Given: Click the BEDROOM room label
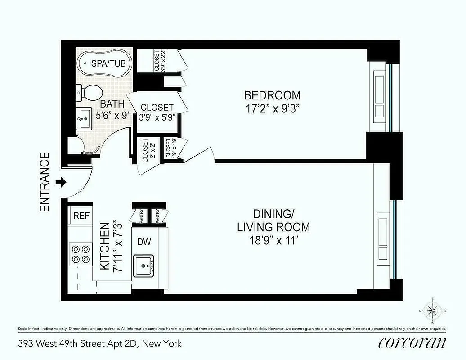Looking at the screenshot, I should tap(272, 95).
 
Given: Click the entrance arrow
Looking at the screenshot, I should tap(62, 182).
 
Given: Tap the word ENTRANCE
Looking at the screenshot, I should tap(45, 182).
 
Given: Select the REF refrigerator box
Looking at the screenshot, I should tap(81, 216).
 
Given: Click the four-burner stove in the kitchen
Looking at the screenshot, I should tap(80, 253).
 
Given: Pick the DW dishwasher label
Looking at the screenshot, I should tap(144, 242).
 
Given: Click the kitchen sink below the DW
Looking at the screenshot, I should tap(144, 265).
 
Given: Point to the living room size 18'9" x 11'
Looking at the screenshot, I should tap(273, 240).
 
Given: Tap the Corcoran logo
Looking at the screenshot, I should tap(412, 342).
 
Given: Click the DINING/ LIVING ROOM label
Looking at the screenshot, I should tap(273, 220).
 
